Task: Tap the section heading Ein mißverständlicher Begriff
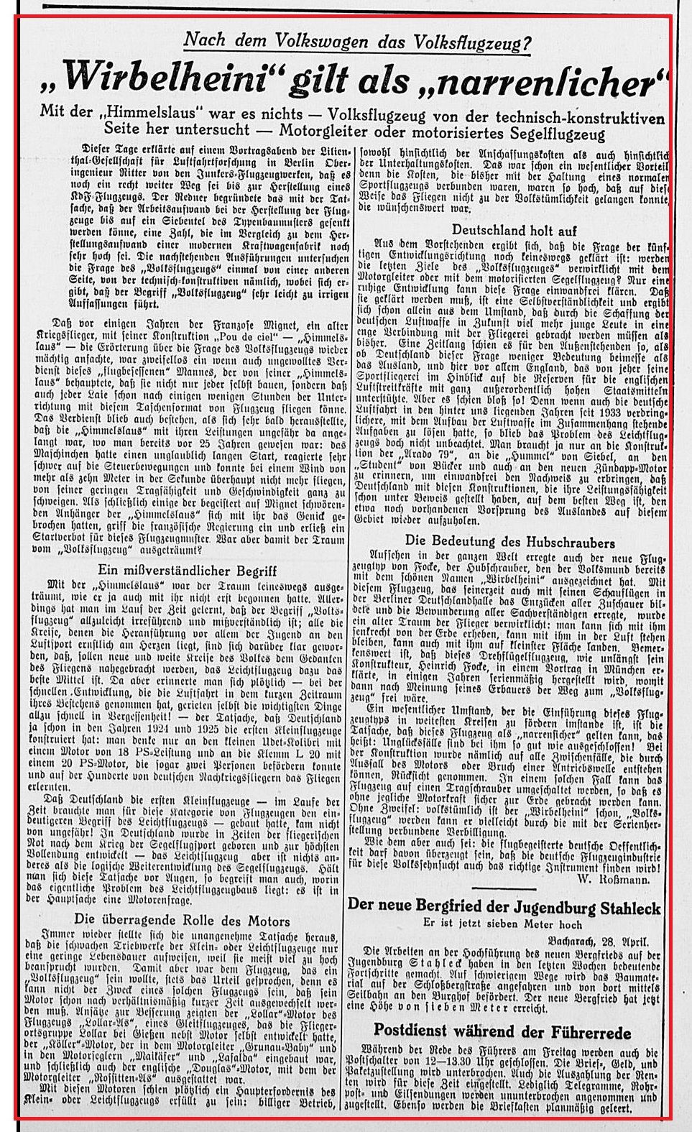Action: pyautogui.click(x=188, y=570)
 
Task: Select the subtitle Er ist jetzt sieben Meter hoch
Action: pyautogui.click(x=503, y=924)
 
